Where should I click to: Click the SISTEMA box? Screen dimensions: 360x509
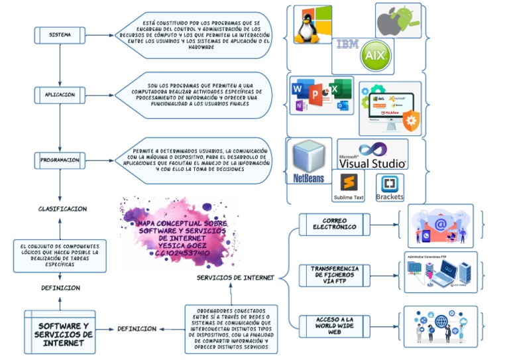pos(60,34)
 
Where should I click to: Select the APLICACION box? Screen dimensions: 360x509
pos(60,95)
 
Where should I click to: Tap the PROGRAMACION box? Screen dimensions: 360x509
pos(60,160)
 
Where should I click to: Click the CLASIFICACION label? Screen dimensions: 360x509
pos(62,209)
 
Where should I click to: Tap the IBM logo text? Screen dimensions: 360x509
pos(347,44)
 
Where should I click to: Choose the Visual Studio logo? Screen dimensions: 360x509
pos(372,154)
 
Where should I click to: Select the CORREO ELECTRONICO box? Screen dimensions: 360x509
pos(334,224)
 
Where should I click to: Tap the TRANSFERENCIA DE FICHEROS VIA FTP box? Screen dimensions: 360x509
pos(334,273)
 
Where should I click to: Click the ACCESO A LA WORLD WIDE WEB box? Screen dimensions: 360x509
pos(334,325)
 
